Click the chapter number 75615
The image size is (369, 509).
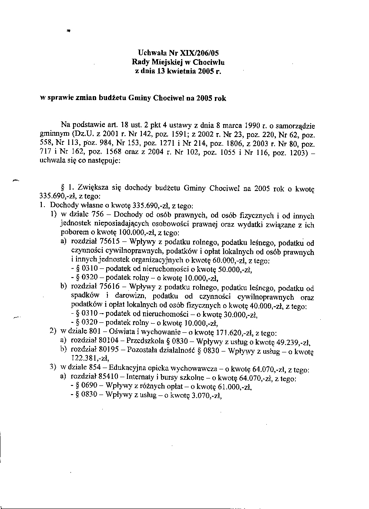coord(107,243)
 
